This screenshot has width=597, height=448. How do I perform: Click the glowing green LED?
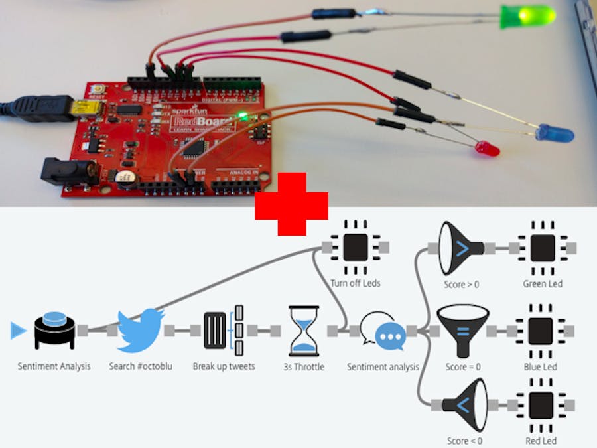tap(527, 16)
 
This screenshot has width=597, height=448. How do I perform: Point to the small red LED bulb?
tap(490, 149)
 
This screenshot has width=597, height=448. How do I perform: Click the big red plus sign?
tap(292, 204)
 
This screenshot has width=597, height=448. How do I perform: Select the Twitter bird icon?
tap(141, 329)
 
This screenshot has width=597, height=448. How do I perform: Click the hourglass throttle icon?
tap(304, 331)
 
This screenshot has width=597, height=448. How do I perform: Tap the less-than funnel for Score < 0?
tap(463, 404)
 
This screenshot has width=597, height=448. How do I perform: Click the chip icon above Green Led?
tap(542, 248)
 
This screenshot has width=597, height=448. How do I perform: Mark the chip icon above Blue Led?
tap(541, 331)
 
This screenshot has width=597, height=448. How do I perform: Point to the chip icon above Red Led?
tap(541, 404)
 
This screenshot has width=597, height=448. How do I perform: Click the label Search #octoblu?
tap(141, 366)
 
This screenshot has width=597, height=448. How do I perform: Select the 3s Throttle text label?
tap(303, 366)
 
